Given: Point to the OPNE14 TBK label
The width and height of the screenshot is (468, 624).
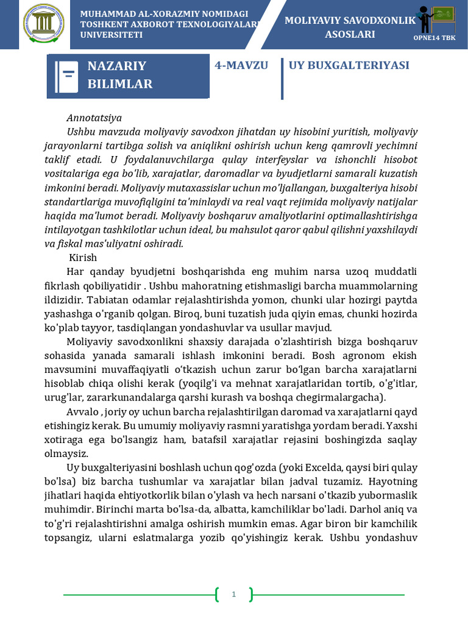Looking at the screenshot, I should (x=434, y=37).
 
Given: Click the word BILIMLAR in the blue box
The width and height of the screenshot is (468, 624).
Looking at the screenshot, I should (x=120, y=84).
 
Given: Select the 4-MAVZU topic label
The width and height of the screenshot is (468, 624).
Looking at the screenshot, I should (x=241, y=65).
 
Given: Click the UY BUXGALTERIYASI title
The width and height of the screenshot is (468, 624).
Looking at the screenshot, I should (x=349, y=65).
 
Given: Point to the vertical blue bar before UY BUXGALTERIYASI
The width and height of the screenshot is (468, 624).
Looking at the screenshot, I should (x=282, y=79).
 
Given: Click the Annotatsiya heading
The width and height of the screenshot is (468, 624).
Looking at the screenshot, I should (x=94, y=118).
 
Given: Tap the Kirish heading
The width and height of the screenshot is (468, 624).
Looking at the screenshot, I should (x=83, y=257).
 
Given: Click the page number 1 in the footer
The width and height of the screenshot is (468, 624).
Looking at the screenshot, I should (x=233, y=594).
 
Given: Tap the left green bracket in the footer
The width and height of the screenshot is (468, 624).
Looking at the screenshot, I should (x=217, y=594).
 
